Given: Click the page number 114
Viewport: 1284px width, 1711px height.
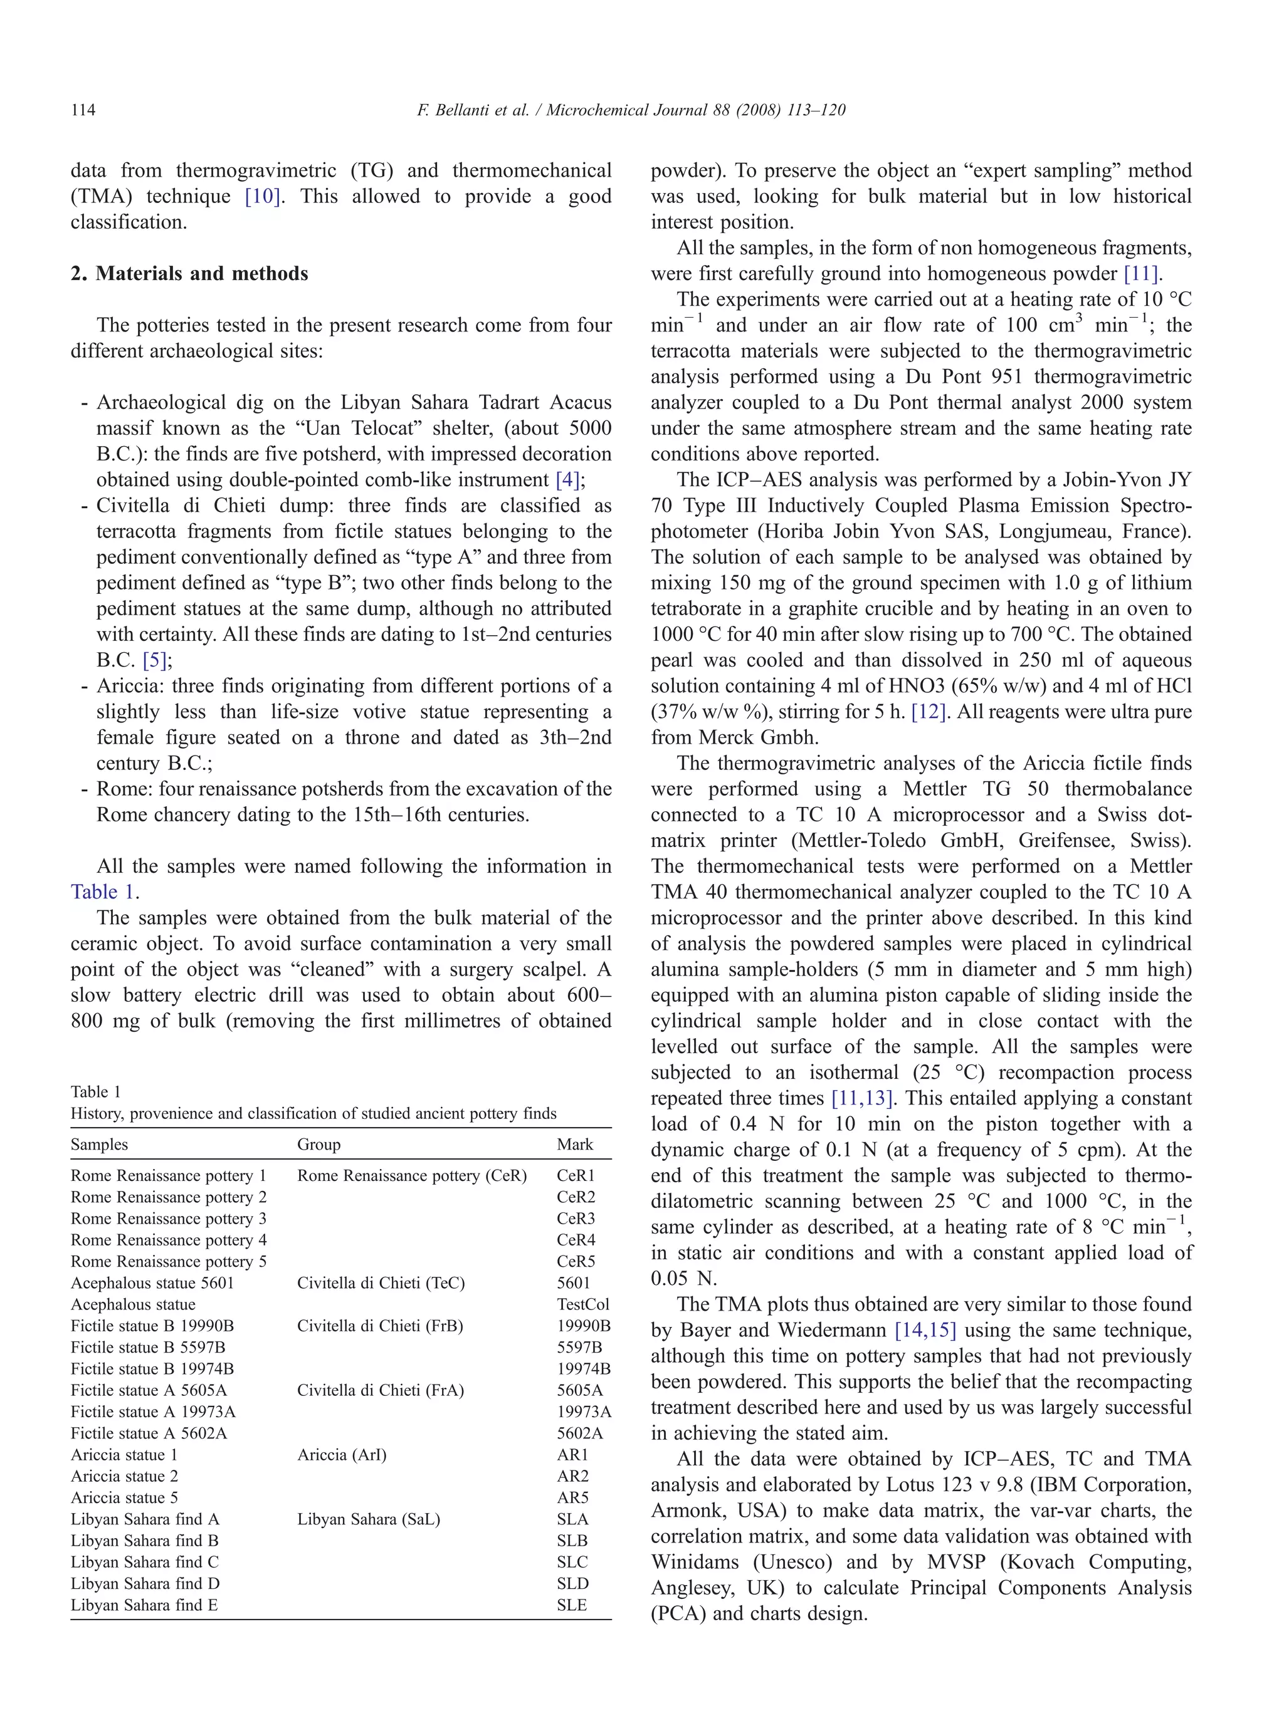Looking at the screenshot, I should [x=83, y=110].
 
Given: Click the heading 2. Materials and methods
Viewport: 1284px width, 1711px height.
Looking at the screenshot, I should [x=189, y=273].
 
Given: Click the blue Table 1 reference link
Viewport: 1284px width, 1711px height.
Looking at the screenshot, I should [x=102, y=892].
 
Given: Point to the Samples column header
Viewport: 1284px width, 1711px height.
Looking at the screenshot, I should [x=99, y=1144].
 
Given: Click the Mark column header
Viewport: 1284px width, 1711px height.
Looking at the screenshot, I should [x=574, y=1144].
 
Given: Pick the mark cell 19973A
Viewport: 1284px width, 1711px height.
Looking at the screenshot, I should [x=584, y=1412].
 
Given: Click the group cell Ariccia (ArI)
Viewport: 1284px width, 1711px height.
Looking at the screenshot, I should [x=341, y=1454].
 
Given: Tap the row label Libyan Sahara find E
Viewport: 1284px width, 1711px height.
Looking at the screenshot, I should [x=144, y=1605].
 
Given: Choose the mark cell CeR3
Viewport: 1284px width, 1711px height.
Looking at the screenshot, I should [x=576, y=1219].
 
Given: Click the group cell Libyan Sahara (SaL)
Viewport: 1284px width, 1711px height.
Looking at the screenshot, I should [x=369, y=1519].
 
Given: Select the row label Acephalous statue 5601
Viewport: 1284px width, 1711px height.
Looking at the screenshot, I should [x=152, y=1282].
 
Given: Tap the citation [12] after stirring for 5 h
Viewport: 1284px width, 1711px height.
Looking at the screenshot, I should [x=928, y=712].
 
